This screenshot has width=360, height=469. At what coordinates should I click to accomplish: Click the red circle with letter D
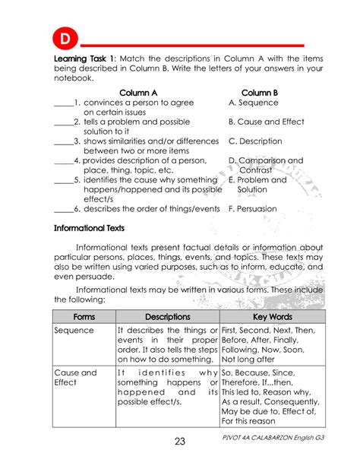[65, 38]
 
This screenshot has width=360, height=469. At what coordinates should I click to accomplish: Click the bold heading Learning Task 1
[84, 59]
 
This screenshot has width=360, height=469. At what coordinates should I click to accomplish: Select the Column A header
[138, 92]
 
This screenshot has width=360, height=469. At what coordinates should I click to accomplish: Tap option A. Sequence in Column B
[254, 102]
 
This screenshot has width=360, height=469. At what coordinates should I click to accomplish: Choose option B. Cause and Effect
[266, 122]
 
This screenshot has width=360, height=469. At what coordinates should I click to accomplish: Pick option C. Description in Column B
[255, 141]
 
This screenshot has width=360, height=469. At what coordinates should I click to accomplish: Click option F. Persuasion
[253, 208]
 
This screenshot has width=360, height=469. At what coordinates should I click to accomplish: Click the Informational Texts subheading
[90, 228]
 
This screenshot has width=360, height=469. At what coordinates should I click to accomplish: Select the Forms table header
[84, 316]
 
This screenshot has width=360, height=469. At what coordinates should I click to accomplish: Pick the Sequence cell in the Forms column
[74, 331]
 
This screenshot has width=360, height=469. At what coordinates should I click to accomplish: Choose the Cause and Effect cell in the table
[75, 378]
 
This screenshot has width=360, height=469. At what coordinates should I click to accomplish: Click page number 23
[180, 442]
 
